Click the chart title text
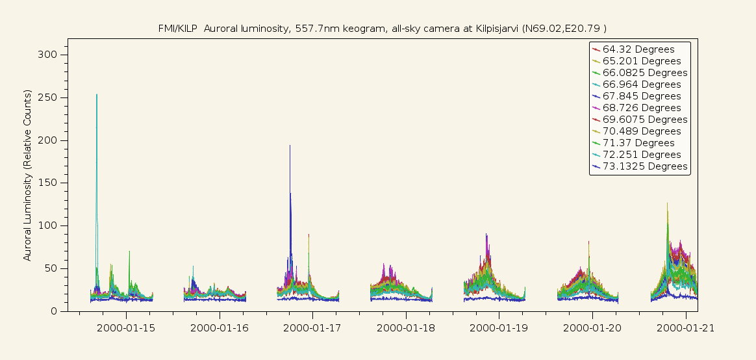coord(383,28)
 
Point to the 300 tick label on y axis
coord(49,55)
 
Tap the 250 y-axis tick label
coord(49,97)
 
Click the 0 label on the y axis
coord(55,311)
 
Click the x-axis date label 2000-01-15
coord(126,328)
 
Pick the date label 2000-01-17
coord(312,328)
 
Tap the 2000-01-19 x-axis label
coord(499,328)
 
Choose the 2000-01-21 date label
coord(685,328)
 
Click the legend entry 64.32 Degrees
coord(638,49)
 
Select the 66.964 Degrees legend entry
coord(641,84)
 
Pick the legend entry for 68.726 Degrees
coord(641,108)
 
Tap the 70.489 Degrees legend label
coord(641,131)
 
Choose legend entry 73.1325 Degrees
coord(644,166)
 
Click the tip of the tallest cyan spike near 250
coord(97,95)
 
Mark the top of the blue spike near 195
coord(290,146)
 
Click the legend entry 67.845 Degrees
coord(641,96)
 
